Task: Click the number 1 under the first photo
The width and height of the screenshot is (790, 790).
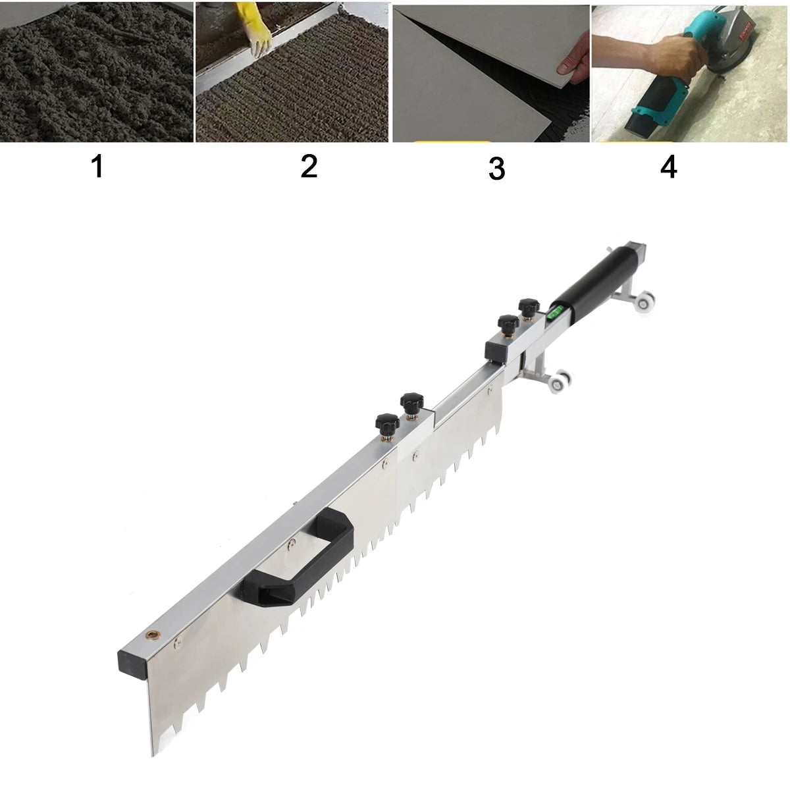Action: click(97, 167)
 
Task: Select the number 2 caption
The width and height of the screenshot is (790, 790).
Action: click(309, 167)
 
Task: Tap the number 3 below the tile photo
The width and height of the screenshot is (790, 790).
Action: click(496, 169)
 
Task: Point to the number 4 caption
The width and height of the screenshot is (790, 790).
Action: click(668, 167)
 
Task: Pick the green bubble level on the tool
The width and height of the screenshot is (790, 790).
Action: click(554, 313)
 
